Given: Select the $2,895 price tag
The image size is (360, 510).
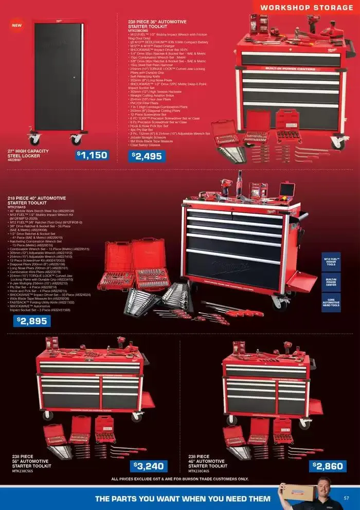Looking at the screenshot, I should (x=32, y=321).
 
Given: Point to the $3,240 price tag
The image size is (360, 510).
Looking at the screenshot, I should (x=149, y=466).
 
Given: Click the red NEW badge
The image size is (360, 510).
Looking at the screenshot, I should (x=17, y=25).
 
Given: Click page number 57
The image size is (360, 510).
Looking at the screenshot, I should (x=346, y=498).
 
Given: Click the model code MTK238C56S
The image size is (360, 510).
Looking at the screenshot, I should (x=23, y=471).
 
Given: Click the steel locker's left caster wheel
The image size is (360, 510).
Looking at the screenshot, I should (x=35, y=139).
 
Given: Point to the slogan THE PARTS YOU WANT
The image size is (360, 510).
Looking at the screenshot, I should (x=183, y=499).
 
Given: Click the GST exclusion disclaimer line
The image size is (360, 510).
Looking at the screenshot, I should (x=179, y=479).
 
